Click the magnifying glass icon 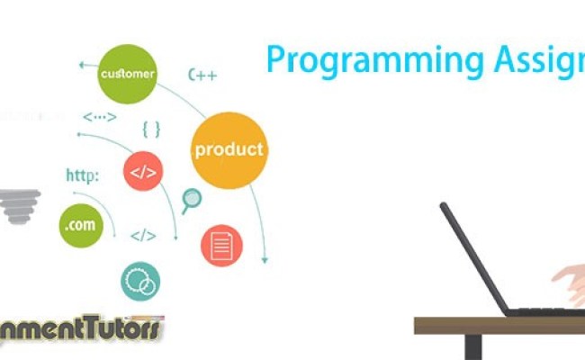(191, 201)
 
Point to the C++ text (202, 75)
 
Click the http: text (82, 174)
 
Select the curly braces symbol (151, 129)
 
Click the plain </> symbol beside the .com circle (142, 236)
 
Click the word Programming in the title (341, 60)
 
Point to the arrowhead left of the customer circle (81, 65)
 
